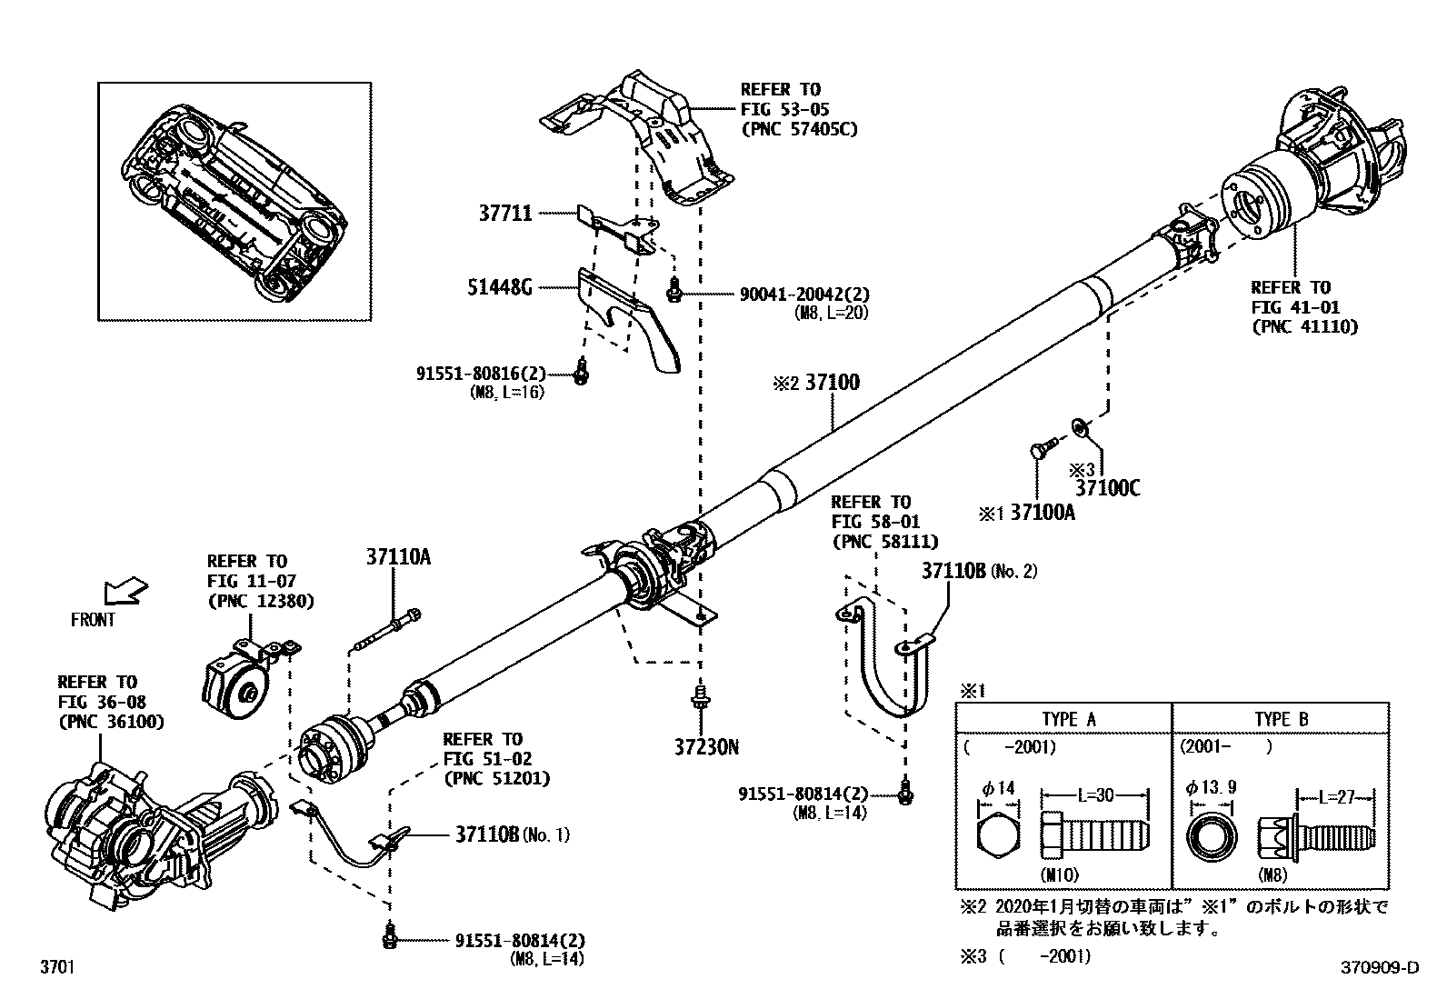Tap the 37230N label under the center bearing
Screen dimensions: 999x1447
(706, 748)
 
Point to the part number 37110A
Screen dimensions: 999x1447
(399, 557)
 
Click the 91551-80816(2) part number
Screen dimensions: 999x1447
(481, 373)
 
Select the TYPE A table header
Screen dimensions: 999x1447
(1068, 719)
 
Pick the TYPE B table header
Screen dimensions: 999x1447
(1281, 719)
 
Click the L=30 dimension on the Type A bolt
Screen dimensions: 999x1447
(1095, 795)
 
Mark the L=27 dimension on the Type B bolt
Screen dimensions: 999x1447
(1336, 797)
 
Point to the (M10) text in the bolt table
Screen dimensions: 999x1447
(1061, 875)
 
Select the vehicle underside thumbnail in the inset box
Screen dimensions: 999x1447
(234, 200)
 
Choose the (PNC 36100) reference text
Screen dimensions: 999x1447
(111, 723)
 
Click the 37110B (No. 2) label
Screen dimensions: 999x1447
(979, 571)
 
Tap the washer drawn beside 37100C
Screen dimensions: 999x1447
(1078, 425)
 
